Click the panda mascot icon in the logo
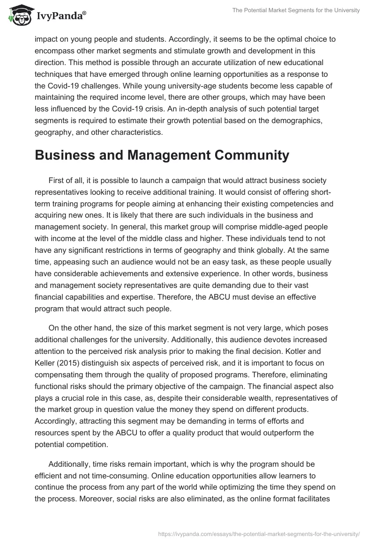tap(18, 15)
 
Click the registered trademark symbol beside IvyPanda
tap(84, 13)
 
